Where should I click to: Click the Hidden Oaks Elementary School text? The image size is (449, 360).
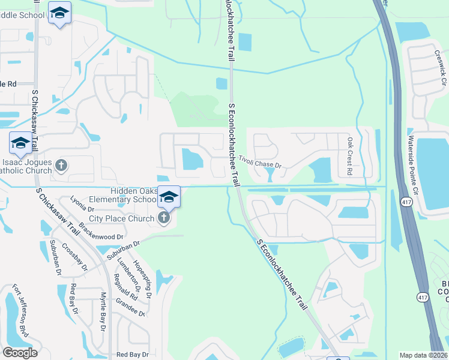(x=122, y=195)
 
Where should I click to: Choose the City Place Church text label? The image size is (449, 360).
(x=122, y=218)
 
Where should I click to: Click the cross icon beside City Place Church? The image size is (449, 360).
(x=164, y=218)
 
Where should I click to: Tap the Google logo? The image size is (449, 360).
(x=20, y=353)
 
